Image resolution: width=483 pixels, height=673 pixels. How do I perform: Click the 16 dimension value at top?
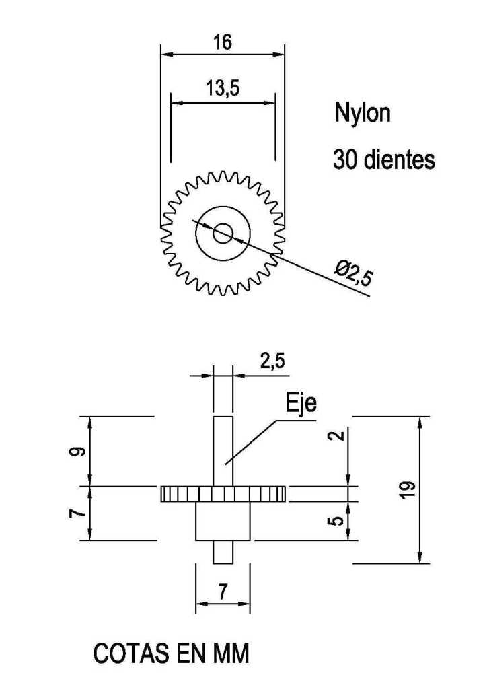pyautogui.click(x=223, y=42)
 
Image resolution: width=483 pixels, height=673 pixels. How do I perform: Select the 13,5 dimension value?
pyautogui.click(x=223, y=88)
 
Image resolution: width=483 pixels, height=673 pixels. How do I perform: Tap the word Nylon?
pyautogui.click(x=362, y=113)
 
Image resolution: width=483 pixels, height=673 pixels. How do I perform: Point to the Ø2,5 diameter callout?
pyautogui.click(x=353, y=275)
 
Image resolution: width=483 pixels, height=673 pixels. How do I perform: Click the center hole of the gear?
pyautogui.click(x=223, y=234)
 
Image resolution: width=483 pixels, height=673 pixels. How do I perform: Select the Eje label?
pyautogui.click(x=301, y=403)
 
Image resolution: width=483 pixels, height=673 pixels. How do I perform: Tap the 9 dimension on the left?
pyautogui.click(x=79, y=450)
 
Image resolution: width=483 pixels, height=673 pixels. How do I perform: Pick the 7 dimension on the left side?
pyautogui.click(x=79, y=513)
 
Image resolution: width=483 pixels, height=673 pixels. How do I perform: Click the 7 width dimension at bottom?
pyautogui.click(x=223, y=592)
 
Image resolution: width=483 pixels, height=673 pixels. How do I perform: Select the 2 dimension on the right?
pyautogui.click(x=339, y=435)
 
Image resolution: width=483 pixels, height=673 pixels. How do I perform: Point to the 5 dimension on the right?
pyautogui.click(x=339, y=520)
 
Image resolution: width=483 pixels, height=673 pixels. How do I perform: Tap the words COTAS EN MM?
pyautogui.click(x=171, y=653)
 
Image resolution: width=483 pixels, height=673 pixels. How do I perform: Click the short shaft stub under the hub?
pyautogui.click(x=223, y=552)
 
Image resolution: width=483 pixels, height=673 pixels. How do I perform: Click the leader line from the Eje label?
pyautogui.click(x=252, y=440)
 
